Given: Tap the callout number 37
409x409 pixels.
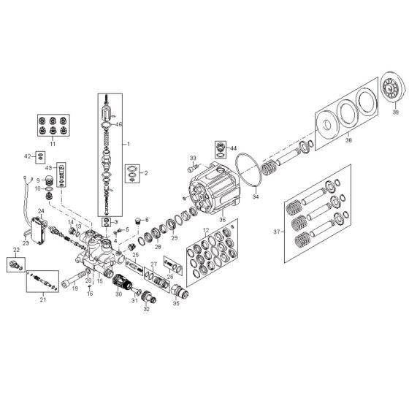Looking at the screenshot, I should tap(275, 233).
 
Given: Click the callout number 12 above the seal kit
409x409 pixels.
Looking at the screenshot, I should tap(206, 231).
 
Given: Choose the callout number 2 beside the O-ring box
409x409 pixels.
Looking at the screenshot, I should tap(145, 173).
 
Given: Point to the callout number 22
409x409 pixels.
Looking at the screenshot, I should tap(16, 249).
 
